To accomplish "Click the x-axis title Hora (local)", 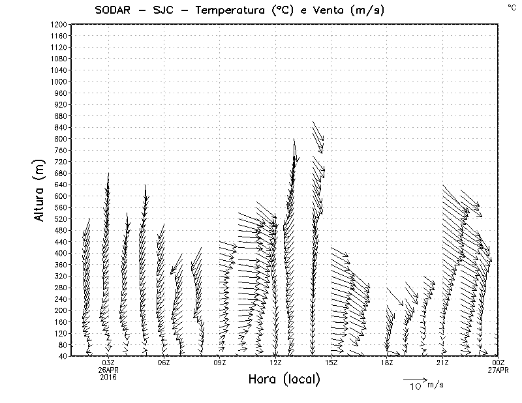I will (284, 380).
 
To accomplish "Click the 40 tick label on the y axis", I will (63, 356).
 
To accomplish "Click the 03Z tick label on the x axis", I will (108, 363).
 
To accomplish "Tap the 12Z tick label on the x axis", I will (275, 363).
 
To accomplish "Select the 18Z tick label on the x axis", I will (387, 363).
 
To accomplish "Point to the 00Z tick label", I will (499, 363).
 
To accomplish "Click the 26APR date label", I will (108, 370).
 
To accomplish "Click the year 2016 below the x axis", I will (108, 376).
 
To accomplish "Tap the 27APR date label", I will (499, 370).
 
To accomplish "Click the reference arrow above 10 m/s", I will (414, 379).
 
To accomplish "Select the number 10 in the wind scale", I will (415, 387).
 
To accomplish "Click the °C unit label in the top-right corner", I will (511, 7).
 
